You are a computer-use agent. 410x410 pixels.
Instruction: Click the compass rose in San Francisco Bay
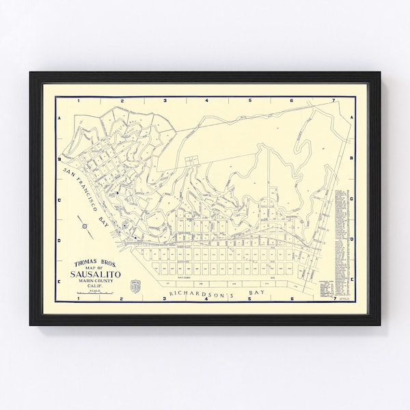click(x=84, y=225)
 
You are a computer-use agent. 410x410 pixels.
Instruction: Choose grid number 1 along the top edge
click(x=79, y=100)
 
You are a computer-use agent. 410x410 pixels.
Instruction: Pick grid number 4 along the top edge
click(x=207, y=100)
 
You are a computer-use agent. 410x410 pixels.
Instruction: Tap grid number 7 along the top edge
click(x=333, y=100)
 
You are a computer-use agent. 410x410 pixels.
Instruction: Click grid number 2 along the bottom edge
click(x=122, y=299)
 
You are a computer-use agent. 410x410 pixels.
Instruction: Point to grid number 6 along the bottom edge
click(x=292, y=299)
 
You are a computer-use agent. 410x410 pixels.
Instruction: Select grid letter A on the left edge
click(x=59, y=118)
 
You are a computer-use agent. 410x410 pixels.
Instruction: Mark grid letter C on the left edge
click(x=59, y=200)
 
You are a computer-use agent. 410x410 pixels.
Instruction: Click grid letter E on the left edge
click(x=59, y=279)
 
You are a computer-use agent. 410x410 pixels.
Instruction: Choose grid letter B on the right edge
click(x=351, y=158)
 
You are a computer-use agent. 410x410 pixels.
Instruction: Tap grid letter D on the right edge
click(x=351, y=239)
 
